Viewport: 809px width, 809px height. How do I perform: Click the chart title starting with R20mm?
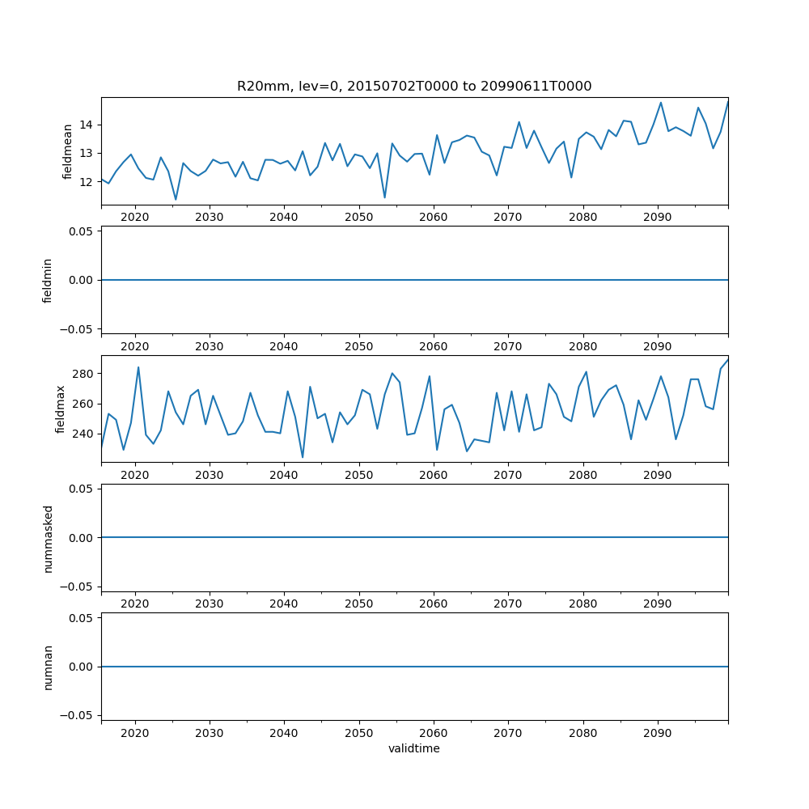(414, 86)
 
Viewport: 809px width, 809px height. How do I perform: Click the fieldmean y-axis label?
(68, 151)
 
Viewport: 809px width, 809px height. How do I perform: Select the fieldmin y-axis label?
(48, 280)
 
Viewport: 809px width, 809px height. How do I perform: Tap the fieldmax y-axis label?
(61, 409)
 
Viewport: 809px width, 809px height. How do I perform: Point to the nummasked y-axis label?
(48, 538)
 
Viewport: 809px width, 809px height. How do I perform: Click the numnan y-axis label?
(48, 667)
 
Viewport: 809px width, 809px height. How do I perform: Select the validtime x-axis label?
(414, 749)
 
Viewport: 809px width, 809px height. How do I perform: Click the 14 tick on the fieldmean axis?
(88, 125)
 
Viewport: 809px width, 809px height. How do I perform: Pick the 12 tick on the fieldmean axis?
(88, 182)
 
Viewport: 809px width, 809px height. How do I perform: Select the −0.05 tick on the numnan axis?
(79, 715)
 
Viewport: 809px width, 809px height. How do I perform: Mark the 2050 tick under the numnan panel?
(358, 733)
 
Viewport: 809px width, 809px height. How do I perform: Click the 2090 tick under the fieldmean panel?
(657, 218)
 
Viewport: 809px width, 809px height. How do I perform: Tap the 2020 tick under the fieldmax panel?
(134, 476)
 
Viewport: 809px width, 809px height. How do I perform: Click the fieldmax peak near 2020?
(138, 367)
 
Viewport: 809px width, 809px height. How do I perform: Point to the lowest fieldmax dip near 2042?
(303, 458)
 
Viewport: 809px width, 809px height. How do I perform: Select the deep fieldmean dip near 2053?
(384, 197)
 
